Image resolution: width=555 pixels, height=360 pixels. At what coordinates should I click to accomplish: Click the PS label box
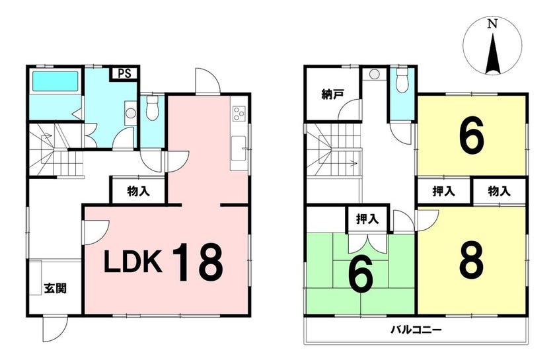[x=124, y=74]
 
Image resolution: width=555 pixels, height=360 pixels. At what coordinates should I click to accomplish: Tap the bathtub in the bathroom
[x=55, y=81]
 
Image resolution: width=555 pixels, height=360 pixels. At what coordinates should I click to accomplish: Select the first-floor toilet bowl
[x=152, y=108]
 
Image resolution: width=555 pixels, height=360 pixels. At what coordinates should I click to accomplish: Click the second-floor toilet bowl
[x=402, y=81]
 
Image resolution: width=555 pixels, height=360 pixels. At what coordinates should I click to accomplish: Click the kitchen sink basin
[x=239, y=148]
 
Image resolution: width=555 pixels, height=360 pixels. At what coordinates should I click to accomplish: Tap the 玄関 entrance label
[x=55, y=289]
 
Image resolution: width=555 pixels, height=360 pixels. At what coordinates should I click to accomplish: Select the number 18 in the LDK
[x=198, y=262]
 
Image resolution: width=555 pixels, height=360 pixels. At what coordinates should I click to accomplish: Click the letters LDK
[x=133, y=262]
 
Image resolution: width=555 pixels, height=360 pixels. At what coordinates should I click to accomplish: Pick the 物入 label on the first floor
[x=138, y=192]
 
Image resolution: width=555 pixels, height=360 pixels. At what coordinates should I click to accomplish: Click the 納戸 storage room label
[x=332, y=95]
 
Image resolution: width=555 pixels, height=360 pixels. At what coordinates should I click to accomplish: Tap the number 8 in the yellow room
[x=472, y=260]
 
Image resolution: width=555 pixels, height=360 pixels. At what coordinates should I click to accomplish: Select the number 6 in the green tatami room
[x=361, y=273]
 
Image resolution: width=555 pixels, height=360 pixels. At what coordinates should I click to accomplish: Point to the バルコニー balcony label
[x=416, y=330]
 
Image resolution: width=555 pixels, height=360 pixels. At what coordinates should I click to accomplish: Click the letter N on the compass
[x=492, y=24]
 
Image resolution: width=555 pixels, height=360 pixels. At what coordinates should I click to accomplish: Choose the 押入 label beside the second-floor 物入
[x=443, y=192]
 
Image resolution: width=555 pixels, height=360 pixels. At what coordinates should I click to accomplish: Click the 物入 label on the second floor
[x=499, y=192]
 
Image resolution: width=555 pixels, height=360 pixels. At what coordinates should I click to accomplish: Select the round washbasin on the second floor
[x=374, y=74]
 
